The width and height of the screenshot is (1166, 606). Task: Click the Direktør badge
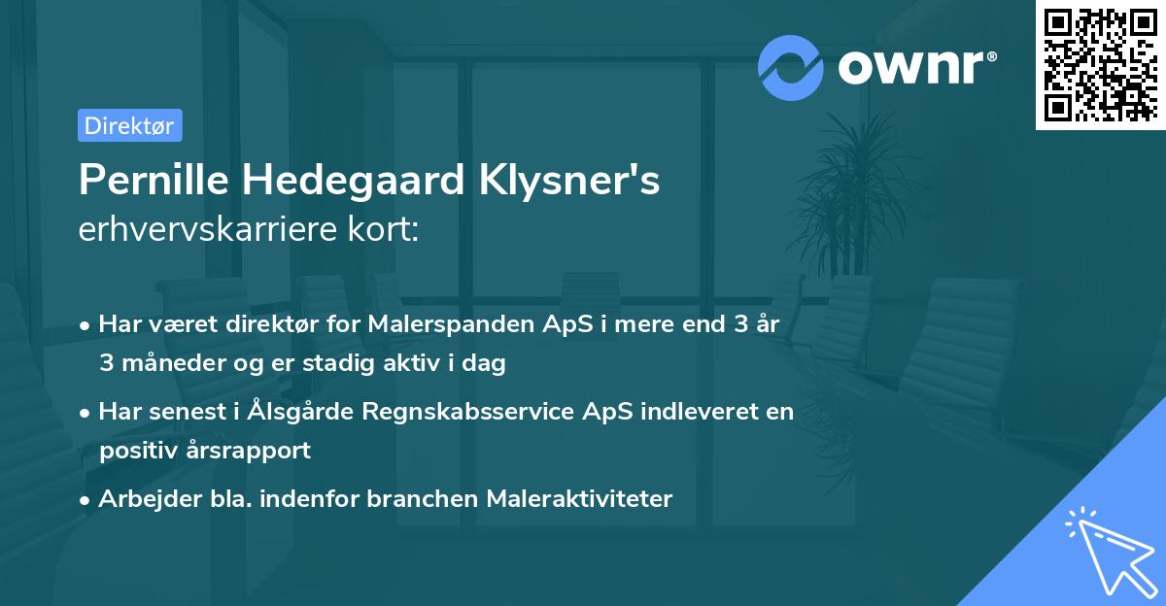coord(129,125)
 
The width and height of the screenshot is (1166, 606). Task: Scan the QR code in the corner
coord(1099,66)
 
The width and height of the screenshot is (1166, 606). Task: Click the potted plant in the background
coord(855,194)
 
